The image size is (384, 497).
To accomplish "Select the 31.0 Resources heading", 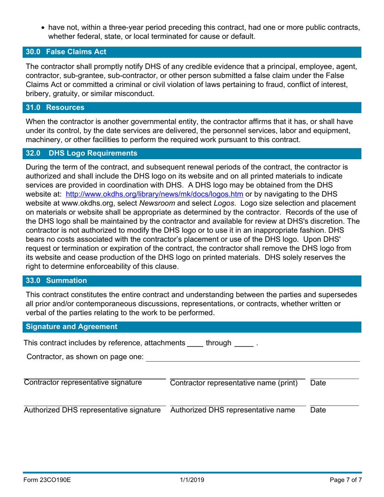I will click(55, 107).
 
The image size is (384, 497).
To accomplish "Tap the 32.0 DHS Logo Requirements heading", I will click(81, 153).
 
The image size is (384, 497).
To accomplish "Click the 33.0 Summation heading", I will click(56, 280).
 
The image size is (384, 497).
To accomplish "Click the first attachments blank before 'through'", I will click(195, 344).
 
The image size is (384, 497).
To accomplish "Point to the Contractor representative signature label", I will click(83, 383).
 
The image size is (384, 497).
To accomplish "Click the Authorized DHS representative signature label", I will click(93, 410).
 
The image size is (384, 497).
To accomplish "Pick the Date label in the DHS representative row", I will click(318, 410).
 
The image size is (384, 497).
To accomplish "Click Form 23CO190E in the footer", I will click(48, 480).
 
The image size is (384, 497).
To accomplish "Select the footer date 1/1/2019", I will click(192, 480).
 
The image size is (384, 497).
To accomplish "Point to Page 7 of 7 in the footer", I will click(343, 480).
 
